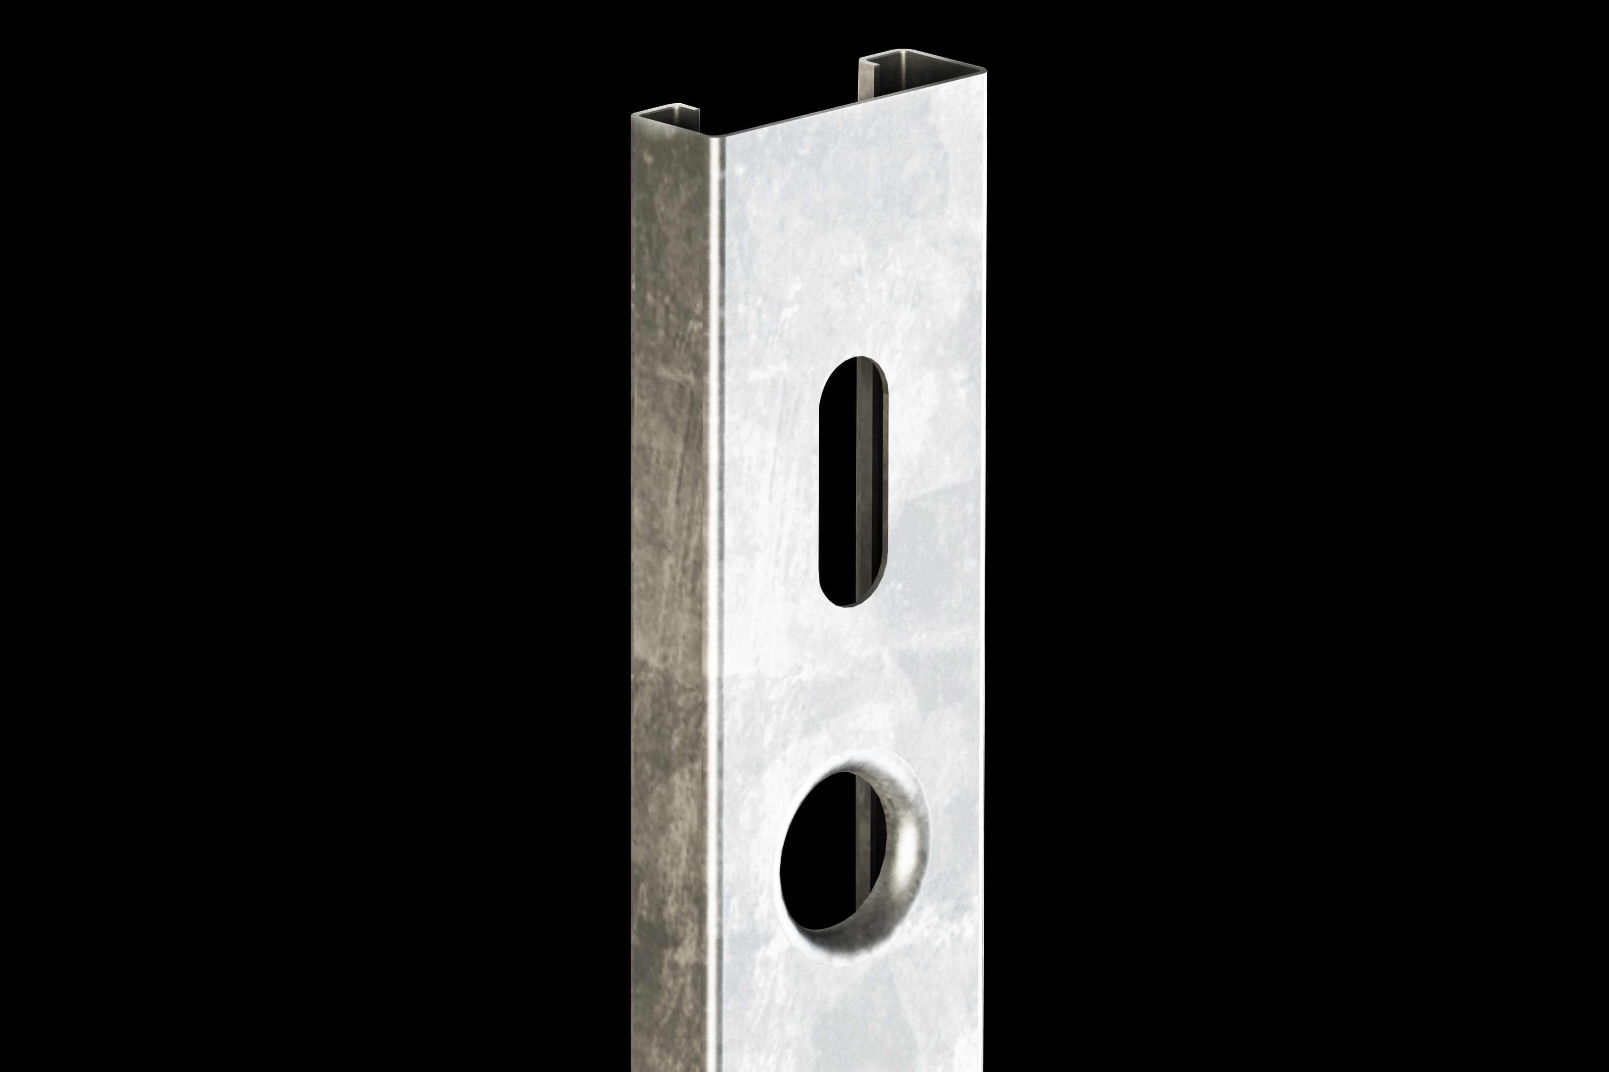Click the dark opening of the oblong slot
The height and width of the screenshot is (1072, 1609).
[836, 478]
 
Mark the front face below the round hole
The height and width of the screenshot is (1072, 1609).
[855, 1012]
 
